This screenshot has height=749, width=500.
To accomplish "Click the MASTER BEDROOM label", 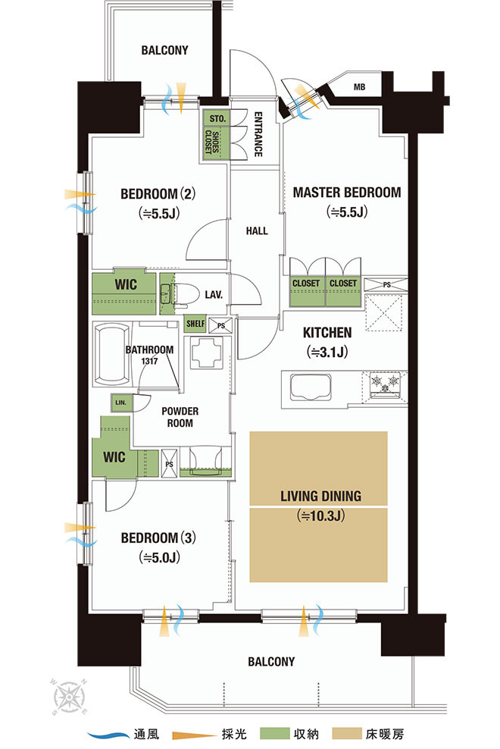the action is (x=347, y=193).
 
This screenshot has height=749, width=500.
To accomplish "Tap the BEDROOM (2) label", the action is (x=158, y=194).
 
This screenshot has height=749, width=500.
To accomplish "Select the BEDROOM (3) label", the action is (x=158, y=537).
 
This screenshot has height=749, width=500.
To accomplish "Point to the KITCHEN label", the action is (x=327, y=333).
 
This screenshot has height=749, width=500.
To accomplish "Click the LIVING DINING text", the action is (x=320, y=497).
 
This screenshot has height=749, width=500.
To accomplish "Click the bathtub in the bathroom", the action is (x=112, y=355).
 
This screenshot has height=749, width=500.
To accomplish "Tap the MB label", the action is (x=360, y=87).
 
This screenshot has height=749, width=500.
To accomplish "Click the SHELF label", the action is (x=195, y=324).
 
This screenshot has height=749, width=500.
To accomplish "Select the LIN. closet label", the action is (x=120, y=403).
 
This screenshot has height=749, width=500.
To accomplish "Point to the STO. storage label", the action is (x=217, y=118).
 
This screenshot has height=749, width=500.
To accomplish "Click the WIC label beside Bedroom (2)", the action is (x=126, y=285).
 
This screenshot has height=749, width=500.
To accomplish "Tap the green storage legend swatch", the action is (x=274, y=734).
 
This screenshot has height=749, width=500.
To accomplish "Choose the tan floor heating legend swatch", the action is (x=347, y=734).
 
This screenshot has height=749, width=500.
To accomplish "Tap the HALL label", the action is (x=257, y=231).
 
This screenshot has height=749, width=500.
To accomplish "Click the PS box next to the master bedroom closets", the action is (x=386, y=285).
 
